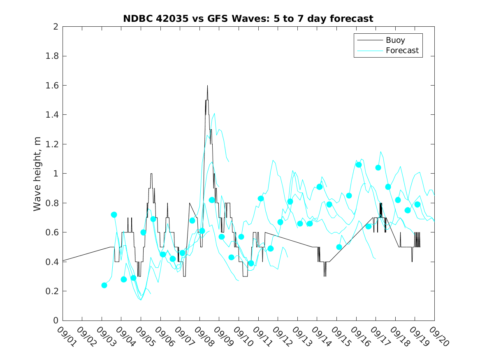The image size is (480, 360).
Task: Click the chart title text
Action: [248, 19]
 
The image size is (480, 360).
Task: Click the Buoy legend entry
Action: [395, 40]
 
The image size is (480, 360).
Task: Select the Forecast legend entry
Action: [402, 51]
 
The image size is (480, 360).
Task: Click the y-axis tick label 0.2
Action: [52, 291]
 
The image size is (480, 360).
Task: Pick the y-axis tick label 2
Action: [55, 27]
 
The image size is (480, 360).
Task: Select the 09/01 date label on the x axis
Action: [66, 336]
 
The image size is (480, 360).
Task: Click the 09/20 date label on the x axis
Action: [438, 336]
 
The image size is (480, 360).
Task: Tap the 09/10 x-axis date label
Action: [242, 336]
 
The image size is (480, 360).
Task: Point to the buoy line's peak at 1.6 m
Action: [207, 86]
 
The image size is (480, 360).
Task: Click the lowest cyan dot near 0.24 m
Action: [104, 285]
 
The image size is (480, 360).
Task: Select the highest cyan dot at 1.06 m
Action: [359, 165]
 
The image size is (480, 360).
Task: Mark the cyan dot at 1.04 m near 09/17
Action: [378, 167]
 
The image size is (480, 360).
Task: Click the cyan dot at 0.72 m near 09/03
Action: [114, 215]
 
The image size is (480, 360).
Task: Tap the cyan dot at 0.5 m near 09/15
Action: [339, 247]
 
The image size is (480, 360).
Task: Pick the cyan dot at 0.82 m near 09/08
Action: [212, 200]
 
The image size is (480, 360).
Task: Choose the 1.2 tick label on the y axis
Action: [52, 144]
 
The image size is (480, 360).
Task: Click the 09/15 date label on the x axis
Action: [340, 336]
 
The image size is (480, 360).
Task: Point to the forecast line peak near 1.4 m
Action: [214, 114]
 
